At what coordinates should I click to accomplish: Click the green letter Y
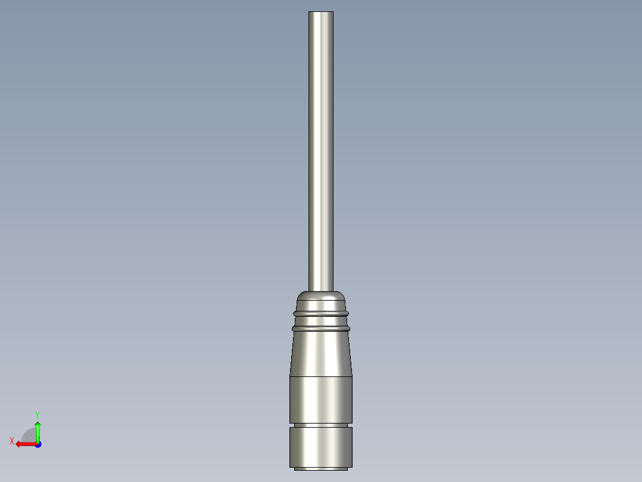click(37, 413)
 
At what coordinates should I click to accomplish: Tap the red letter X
click(11, 441)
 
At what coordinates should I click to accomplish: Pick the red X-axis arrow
click(25, 444)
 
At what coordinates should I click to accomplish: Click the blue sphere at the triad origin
click(38, 444)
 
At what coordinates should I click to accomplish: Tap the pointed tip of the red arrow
click(17, 444)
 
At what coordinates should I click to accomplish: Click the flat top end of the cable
click(320, 12)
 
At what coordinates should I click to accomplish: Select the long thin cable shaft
click(320, 149)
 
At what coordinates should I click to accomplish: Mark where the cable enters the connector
click(320, 291)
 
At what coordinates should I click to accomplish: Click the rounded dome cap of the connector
click(320, 298)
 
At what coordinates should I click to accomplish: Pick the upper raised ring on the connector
click(320, 312)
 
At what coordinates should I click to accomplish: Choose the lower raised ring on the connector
click(320, 327)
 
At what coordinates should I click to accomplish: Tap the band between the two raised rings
click(320, 320)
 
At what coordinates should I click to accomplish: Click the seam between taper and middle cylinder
click(320, 376)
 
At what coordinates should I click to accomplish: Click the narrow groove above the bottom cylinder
click(320, 425)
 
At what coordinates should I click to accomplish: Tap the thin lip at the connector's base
click(320, 469)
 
